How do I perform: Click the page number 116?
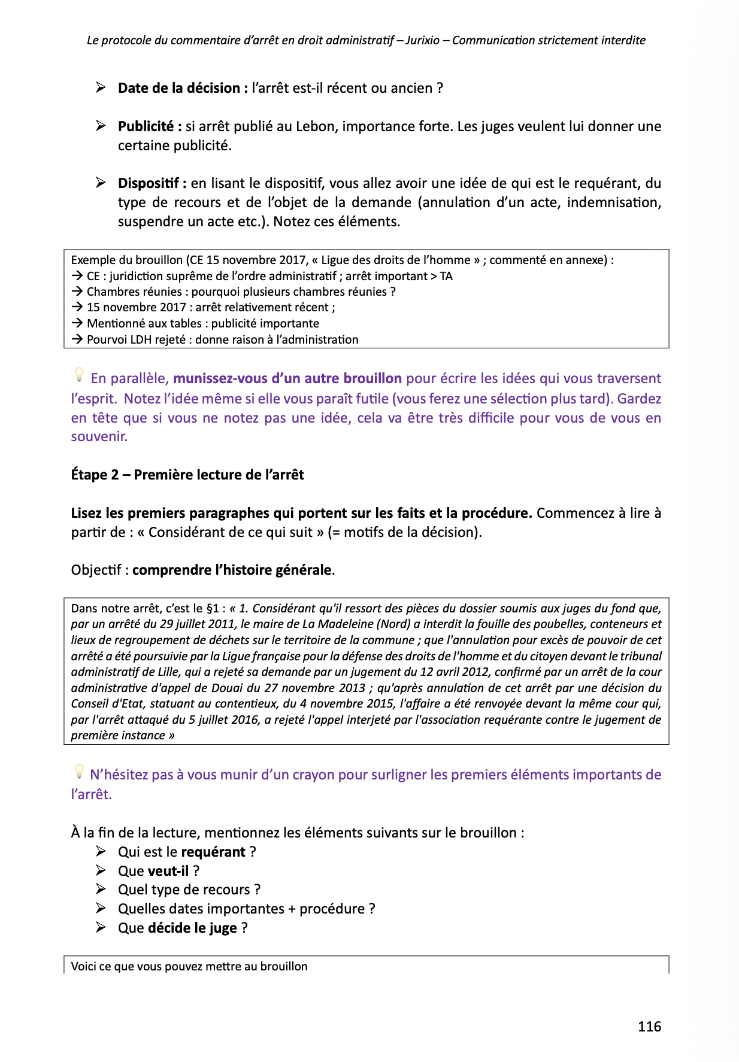coord(649,1027)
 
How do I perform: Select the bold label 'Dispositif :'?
coord(152,183)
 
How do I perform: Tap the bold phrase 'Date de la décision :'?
coord(183,88)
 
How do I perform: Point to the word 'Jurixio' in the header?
coord(422,41)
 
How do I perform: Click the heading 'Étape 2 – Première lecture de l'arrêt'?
coord(187,475)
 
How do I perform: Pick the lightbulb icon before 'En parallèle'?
coord(78,375)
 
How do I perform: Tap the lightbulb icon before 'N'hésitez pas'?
coord(78,771)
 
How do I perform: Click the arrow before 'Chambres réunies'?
coord(77,292)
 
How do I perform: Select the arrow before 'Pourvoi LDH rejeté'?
coord(77,339)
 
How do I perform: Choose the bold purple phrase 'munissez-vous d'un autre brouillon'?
coord(287,378)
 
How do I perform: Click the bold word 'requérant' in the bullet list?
coord(213,852)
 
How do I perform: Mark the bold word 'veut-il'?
coord(168,871)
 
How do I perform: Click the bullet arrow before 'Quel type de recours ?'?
coord(101,890)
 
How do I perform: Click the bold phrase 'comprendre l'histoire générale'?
coord(232,570)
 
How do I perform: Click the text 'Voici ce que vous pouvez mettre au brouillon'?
coord(189,966)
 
